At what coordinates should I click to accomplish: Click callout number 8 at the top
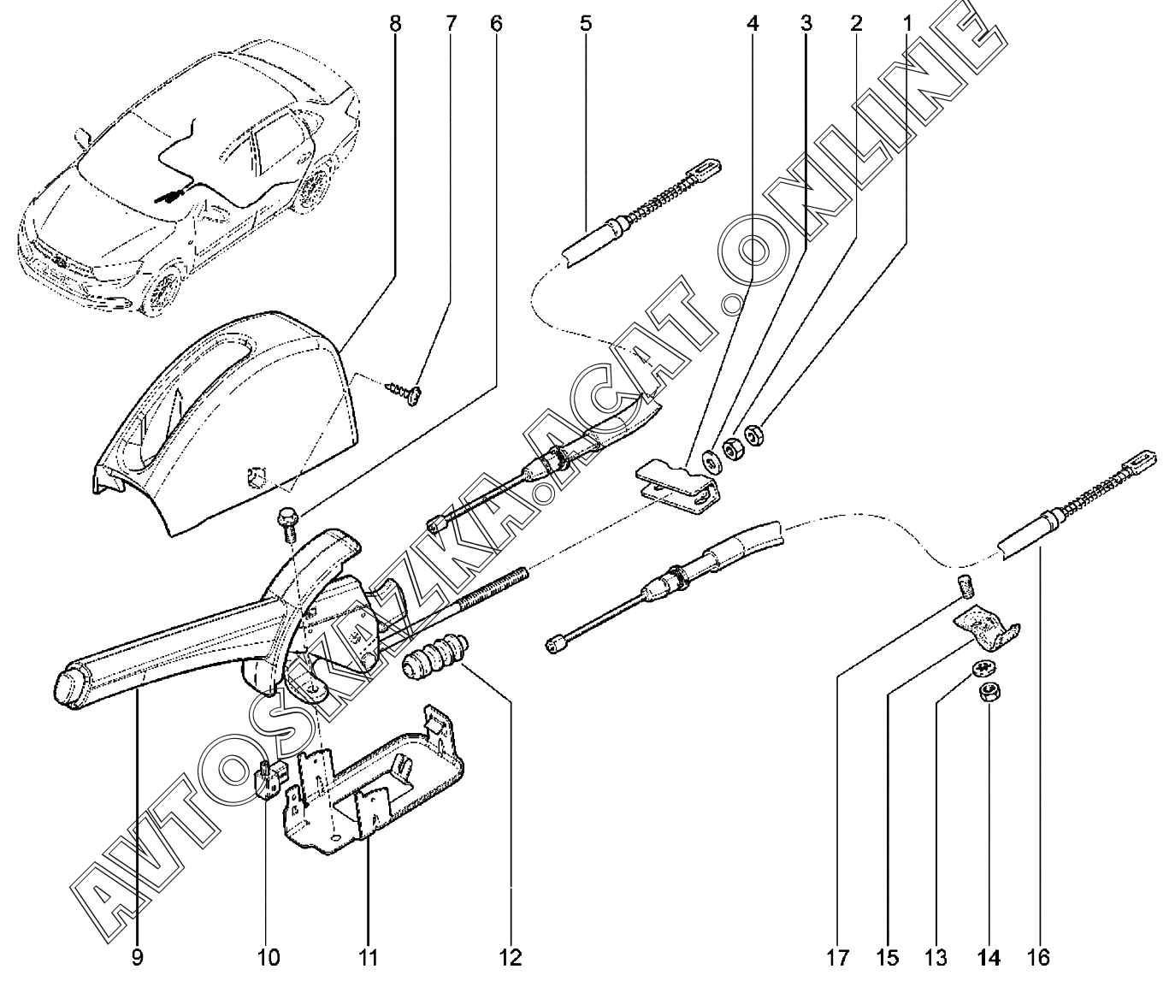394,23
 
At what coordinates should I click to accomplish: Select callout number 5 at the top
586,23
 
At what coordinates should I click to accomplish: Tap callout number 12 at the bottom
512,956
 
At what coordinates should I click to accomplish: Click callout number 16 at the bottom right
1041,956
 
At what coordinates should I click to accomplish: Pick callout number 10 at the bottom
269,956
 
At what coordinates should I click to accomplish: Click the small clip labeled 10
269,775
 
